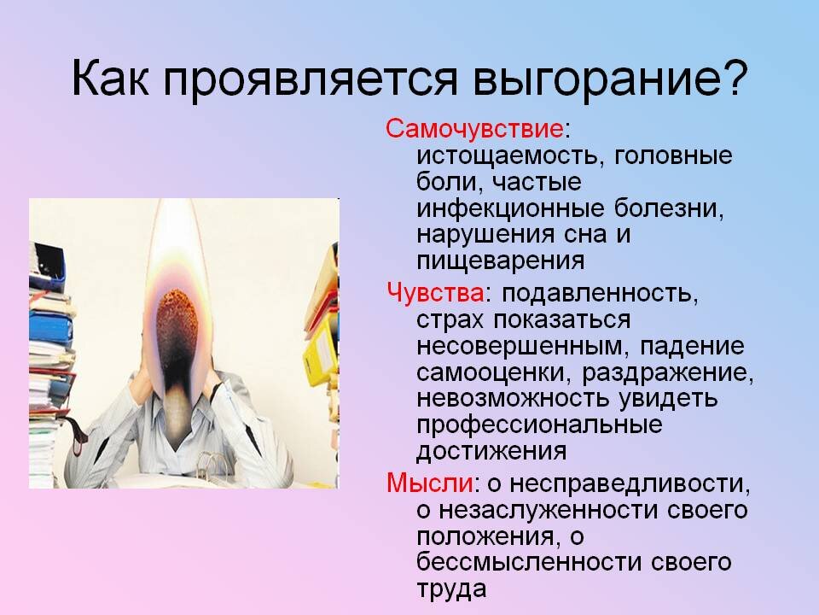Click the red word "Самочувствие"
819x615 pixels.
pyautogui.click(x=474, y=130)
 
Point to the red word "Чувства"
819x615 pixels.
pyautogui.click(x=435, y=292)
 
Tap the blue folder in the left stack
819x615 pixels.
pyautogui.click(x=51, y=329)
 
